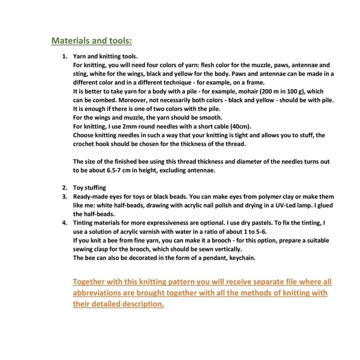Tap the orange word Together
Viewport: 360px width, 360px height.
coord(92,282)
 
